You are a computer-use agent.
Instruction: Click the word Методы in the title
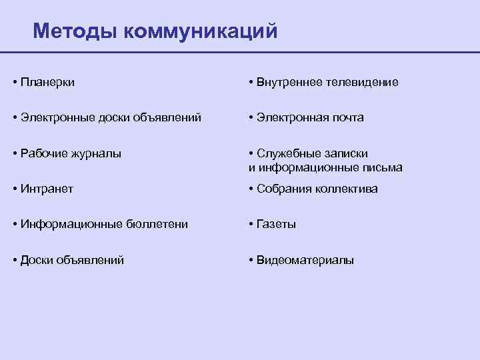point(74,31)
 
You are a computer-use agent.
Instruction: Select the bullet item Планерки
point(47,83)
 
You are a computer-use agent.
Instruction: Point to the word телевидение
point(363,83)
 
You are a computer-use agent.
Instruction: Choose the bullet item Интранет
point(47,189)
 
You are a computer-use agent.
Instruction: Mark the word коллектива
point(347,189)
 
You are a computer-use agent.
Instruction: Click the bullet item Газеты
point(276,225)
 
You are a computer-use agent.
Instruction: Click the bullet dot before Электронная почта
point(249,118)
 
